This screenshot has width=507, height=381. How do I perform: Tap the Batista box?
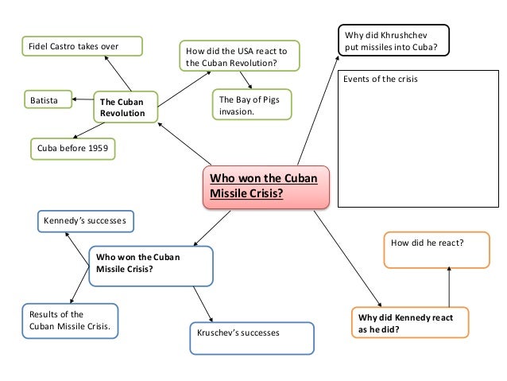(x=47, y=101)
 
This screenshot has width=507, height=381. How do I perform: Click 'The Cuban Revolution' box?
(x=125, y=107)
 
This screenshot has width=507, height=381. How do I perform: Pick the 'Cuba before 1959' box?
(x=72, y=149)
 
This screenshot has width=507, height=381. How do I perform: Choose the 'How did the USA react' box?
(x=238, y=55)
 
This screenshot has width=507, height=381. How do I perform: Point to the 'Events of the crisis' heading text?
(x=380, y=80)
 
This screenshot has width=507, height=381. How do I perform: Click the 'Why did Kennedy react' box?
(x=409, y=324)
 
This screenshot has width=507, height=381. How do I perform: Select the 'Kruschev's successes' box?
(x=251, y=332)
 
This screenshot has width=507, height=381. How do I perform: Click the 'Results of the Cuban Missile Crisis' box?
(x=70, y=321)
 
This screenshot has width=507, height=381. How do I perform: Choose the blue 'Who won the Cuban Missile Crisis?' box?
(x=151, y=265)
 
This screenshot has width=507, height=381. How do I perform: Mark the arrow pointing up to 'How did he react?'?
(x=449, y=285)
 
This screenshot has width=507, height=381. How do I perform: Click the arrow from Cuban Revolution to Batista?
(x=81, y=100)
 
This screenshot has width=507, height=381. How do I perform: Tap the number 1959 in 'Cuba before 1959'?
(x=100, y=149)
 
